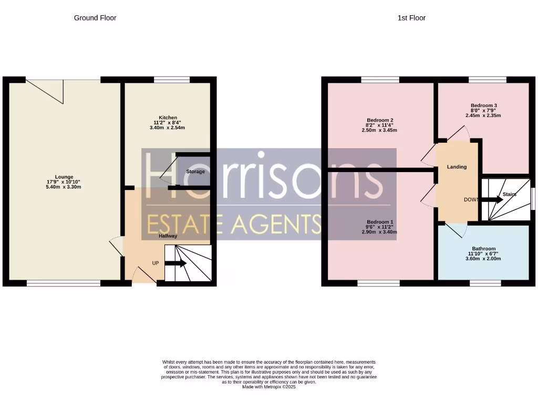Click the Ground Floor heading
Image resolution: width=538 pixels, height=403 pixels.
95,18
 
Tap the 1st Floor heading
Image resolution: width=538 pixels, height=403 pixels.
411,18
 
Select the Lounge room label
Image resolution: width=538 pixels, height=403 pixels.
64,177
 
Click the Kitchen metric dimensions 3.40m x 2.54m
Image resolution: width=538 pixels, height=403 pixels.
167,128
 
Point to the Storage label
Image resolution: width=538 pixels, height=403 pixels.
195,172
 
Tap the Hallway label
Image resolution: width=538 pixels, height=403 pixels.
168,236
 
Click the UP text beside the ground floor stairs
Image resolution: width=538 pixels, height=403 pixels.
156,263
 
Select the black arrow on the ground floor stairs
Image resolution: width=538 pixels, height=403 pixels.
175,263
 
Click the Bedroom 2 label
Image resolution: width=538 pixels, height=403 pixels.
380,120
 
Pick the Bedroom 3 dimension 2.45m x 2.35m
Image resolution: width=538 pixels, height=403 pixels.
483,115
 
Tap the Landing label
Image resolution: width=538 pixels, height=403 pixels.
457,167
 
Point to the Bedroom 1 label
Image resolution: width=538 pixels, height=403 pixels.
380,222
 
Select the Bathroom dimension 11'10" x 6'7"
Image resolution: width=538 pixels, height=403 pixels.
483,253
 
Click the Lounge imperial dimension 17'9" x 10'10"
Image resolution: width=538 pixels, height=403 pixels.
64,182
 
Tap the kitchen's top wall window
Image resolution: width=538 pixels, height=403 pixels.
172,80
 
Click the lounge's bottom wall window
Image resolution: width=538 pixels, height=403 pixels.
64,283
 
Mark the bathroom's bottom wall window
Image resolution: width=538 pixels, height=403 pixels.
485,283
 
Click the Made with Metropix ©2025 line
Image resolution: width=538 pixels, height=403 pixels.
268,387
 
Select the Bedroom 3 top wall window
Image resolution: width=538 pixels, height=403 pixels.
488,80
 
